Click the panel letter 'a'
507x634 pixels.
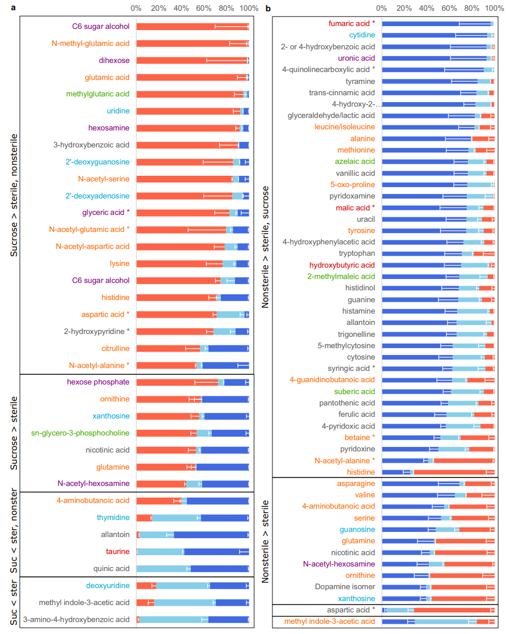click(x=4, y=9)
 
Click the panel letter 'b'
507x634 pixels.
click(x=268, y=9)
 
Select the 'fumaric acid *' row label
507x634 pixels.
click(x=352, y=23)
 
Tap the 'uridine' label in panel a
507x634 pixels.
click(x=118, y=111)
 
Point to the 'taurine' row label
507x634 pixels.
click(x=117, y=551)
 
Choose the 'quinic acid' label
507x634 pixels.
click(x=112, y=568)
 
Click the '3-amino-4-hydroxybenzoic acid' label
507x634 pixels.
click(x=76, y=619)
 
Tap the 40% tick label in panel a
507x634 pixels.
click(x=181, y=9)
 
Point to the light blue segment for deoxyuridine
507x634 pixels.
click(x=181, y=585)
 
